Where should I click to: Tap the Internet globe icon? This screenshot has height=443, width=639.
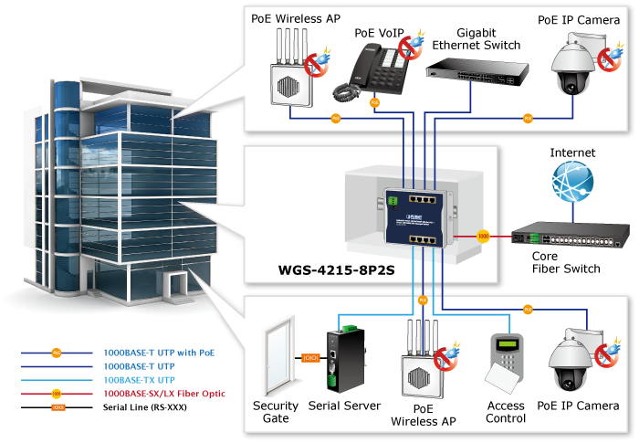point(573,182)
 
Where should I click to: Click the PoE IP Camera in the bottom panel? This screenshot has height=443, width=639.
point(573,360)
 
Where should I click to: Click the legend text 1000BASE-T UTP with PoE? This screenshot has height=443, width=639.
point(159,351)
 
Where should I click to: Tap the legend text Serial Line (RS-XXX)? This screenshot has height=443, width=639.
point(145,406)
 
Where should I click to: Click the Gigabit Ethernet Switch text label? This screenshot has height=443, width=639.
point(476,38)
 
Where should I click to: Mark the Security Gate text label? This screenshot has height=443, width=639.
point(275,412)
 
